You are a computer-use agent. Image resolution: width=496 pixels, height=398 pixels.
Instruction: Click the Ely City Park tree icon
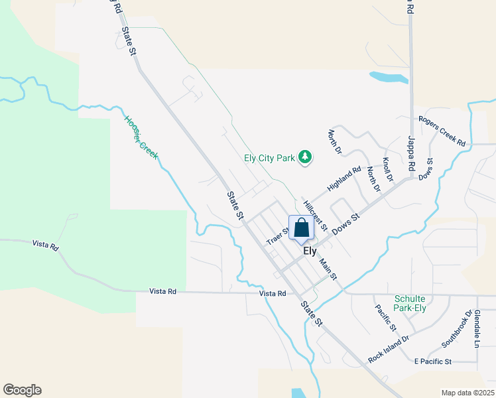coord(304,158)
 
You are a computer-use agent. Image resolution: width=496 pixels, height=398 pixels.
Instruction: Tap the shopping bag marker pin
coord(301,228)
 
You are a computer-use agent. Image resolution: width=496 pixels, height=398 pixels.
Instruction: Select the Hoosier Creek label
coord(141,138)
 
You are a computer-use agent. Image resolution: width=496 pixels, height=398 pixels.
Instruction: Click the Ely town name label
coord(310,251)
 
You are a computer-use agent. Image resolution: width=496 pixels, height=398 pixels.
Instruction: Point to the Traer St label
coord(277,235)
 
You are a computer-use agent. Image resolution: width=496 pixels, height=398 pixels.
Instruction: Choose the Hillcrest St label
coord(315,215)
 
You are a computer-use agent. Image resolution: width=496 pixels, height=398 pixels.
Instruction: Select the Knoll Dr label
coord(388,170)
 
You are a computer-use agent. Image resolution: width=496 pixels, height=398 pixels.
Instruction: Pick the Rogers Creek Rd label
coord(442,130)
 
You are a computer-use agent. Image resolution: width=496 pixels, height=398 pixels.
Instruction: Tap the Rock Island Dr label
coord(389,348)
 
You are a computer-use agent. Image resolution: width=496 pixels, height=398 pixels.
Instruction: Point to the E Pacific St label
coord(432,362)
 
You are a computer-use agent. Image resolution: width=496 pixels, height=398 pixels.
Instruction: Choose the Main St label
coord(328,268)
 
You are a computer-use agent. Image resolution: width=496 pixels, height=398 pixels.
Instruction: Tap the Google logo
coord(22,390)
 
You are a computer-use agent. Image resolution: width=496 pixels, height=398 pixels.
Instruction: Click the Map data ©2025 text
coord(467,393)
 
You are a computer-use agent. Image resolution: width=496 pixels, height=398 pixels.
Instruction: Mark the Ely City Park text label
coord(269,158)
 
